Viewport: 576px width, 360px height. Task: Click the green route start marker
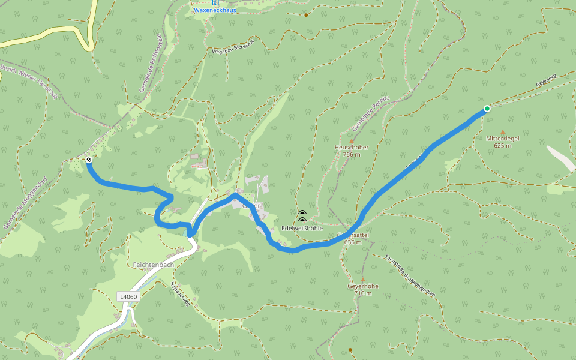[487, 109]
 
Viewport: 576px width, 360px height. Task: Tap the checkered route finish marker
[89, 160]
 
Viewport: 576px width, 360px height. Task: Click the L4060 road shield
[128, 296]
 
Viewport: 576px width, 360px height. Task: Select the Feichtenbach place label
[154, 265]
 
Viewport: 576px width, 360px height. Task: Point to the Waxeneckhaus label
[215, 10]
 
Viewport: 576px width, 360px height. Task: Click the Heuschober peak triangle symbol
[352, 141]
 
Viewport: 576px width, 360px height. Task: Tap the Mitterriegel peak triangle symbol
[503, 132]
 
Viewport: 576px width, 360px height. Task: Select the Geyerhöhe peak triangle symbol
[362, 280]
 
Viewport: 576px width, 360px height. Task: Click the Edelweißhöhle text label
[302, 229]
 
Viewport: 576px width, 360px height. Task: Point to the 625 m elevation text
[503, 145]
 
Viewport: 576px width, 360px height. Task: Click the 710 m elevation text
[362, 293]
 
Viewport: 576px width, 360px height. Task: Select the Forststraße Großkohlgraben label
[412, 275]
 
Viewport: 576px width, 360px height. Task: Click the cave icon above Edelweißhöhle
[302, 214]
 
